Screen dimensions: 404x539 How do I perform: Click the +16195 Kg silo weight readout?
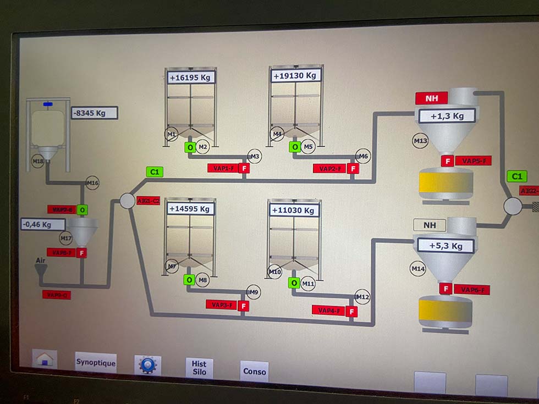coord(190,78)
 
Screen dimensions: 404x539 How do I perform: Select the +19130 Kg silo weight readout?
coord(295,75)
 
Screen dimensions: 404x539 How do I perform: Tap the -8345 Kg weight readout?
coord(94,113)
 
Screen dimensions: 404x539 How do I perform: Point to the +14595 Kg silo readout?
coord(190,209)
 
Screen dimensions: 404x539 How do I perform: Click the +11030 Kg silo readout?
coord(294,210)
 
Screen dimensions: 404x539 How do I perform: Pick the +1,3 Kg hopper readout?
coord(447,116)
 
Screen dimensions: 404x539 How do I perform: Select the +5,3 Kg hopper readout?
coord(446,246)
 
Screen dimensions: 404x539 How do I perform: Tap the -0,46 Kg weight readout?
coord(43,224)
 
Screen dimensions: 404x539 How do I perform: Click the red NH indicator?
coord(431,98)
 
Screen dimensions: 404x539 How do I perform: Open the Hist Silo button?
coord(199,368)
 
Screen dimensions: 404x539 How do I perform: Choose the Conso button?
coord(254,371)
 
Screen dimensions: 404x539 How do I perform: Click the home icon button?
coord(45,359)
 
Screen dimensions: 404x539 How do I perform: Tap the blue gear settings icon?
coord(147,365)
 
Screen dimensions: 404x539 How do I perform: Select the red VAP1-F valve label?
coord(222,168)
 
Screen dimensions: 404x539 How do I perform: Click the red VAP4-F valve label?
coord(329,311)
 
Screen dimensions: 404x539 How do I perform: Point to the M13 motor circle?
coord(420,141)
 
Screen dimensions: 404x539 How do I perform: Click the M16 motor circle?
coord(92,183)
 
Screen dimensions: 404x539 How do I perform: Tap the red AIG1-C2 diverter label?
coord(148,201)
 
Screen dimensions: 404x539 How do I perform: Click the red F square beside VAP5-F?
coord(448,161)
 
